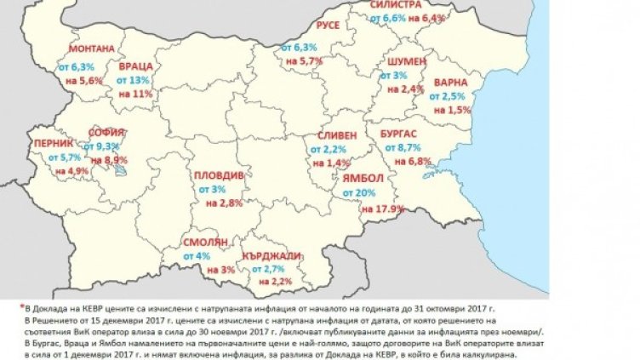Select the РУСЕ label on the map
tap(328, 26)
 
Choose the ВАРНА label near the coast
tap(449, 83)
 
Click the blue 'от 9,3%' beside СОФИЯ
tap(108, 146)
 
